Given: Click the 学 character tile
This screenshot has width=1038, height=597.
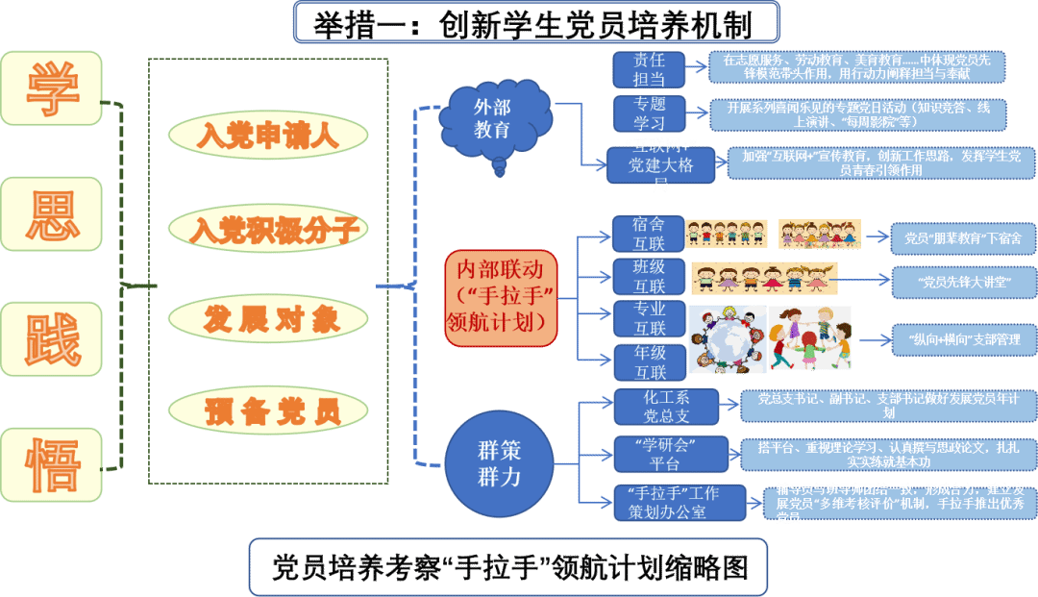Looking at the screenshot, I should pyautogui.click(x=52, y=88).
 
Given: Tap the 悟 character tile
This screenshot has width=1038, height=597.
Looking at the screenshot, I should pyautogui.click(x=52, y=465).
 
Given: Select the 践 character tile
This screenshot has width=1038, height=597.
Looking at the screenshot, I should pyautogui.click(x=52, y=338).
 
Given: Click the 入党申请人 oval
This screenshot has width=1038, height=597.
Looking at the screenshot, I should pyautogui.click(x=267, y=136).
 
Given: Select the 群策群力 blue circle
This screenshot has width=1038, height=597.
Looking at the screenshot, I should pyautogui.click(x=499, y=462).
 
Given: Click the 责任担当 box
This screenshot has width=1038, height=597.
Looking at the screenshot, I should pyautogui.click(x=649, y=69).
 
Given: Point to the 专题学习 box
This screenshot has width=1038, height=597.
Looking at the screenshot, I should pyautogui.click(x=649, y=113).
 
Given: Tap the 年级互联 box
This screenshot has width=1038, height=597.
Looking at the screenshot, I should pyautogui.click(x=649, y=362).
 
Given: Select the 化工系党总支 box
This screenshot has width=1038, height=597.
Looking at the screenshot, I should pyautogui.click(x=666, y=407).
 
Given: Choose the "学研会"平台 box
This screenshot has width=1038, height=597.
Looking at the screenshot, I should pyautogui.click(x=666, y=454).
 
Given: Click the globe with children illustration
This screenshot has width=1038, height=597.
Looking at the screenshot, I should pyautogui.click(x=728, y=338).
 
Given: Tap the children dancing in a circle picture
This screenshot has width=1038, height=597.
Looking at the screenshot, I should pyautogui.click(x=809, y=338).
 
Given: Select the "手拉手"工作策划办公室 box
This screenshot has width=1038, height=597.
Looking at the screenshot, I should pyautogui.click(x=680, y=503).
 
